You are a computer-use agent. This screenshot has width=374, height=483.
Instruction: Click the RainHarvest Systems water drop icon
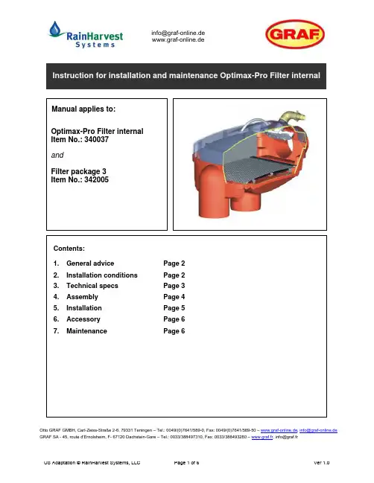point(55,29)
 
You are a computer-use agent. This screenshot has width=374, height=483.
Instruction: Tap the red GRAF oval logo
point(295,34)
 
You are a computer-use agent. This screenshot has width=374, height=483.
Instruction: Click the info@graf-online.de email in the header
point(178,33)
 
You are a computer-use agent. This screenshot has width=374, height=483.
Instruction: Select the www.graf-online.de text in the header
point(178,39)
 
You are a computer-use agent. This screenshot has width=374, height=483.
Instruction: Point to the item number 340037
point(97,139)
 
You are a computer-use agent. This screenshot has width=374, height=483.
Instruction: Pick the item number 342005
point(97,179)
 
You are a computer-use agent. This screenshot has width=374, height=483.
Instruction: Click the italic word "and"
point(57,155)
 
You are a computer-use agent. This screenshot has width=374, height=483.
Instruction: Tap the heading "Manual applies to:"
point(83,109)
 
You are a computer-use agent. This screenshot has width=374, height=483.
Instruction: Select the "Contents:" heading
point(69,249)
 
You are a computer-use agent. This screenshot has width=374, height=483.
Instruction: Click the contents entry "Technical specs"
point(92,286)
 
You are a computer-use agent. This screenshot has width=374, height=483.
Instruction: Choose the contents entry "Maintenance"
point(86,331)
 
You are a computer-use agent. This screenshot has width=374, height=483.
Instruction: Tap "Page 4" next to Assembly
point(174,297)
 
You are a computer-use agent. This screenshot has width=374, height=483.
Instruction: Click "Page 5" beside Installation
point(174,307)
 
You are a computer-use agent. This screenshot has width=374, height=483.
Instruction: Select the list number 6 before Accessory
point(56,319)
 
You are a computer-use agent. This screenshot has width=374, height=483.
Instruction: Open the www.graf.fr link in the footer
point(262,437)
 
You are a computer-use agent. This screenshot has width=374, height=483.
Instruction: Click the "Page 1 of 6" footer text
point(186,462)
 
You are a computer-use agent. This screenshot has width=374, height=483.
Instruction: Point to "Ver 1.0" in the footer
point(322,462)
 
